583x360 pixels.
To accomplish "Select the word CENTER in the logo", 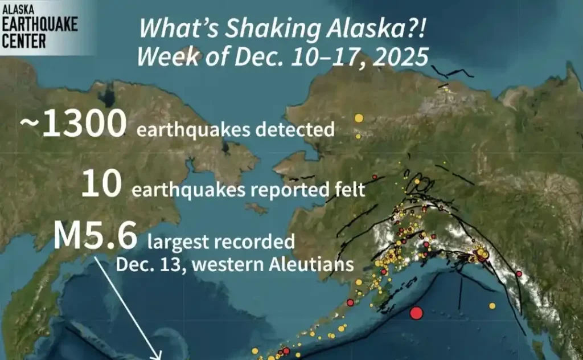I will pyautogui.click(x=23, y=42).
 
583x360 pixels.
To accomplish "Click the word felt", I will pyautogui.click(x=348, y=189).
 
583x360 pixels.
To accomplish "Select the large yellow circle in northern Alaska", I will pyautogui.click(x=358, y=118).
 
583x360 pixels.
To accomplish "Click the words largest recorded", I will pyautogui.click(x=221, y=242).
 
